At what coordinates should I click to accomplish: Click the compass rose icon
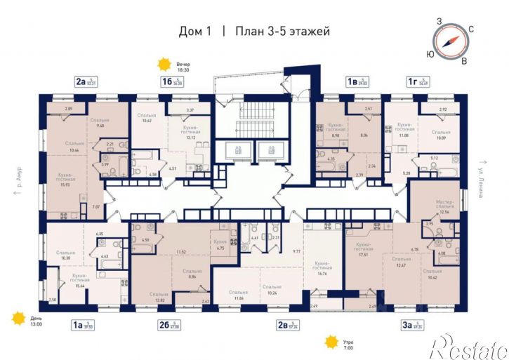click(448, 40)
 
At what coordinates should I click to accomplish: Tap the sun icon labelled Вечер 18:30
click(164, 65)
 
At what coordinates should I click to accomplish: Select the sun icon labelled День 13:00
click(19, 319)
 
